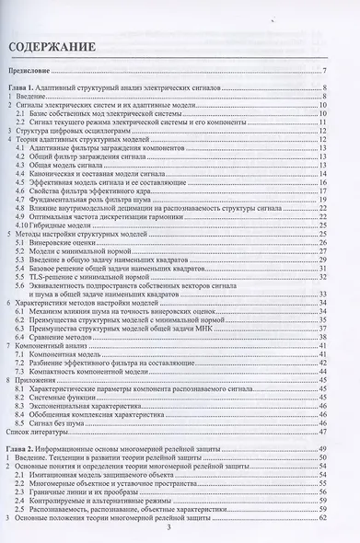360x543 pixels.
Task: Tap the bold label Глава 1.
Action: tap(21, 87)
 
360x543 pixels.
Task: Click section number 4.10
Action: tap(25, 224)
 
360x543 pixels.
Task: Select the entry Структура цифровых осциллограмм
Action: tap(74, 131)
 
